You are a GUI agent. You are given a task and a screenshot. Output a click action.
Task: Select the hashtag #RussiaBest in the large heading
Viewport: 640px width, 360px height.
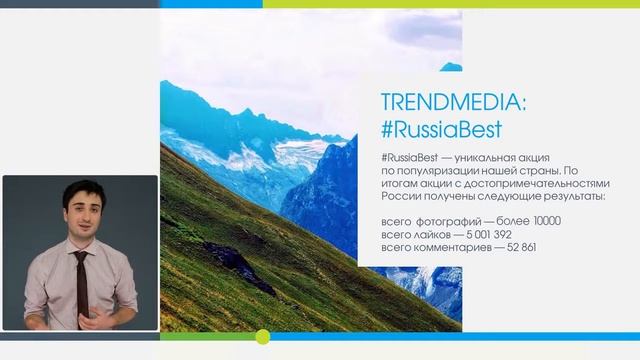pyautogui.click(x=442, y=130)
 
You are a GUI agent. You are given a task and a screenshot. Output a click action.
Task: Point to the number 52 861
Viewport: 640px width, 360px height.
pyautogui.click(x=522, y=246)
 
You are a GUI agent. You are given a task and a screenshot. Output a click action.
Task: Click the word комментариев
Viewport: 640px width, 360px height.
pyautogui.click(x=451, y=246)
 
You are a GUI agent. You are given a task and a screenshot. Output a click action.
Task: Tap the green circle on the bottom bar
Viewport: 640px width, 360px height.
pyautogui.click(x=263, y=337)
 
